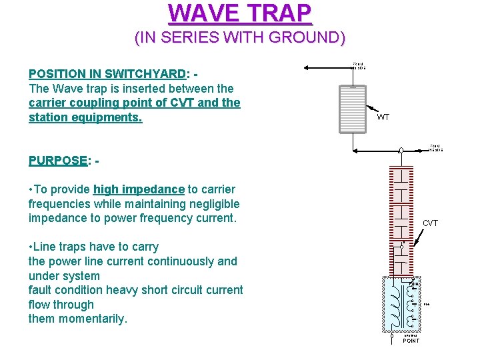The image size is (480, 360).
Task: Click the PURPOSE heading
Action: (x=58, y=161)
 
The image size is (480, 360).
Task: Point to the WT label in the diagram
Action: (x=383, y=117)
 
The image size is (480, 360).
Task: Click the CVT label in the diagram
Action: (x=431, y=223)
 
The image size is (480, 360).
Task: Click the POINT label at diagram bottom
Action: (x=411, y=341)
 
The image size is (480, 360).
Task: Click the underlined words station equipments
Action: (x=85, y=118)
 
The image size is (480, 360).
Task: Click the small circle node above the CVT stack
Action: (x=401, y=151)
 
